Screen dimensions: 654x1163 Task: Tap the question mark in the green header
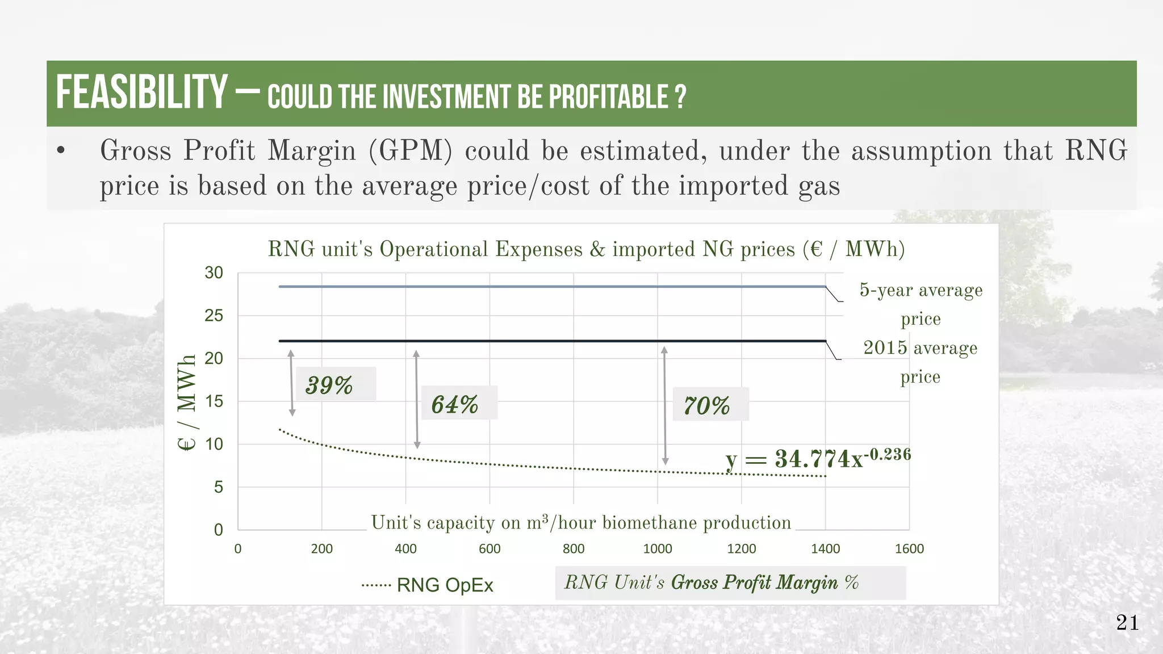coord(681,97)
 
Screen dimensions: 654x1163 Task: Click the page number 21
coord(1127,623)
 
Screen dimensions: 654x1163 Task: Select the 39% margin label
coord(329,385)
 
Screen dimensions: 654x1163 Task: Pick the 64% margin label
coord(455,404)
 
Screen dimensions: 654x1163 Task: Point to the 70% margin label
coord(706,405)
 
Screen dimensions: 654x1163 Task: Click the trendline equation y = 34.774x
coord(818,458)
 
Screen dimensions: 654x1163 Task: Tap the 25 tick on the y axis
coord(214,316)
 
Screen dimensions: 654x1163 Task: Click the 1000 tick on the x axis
coord(658,549)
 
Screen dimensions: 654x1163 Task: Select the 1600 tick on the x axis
coord(909,549)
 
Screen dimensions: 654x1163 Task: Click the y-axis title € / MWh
coord(187,403)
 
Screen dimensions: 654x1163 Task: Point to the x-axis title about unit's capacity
coord(581,522)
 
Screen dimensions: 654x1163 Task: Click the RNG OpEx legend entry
coord(428,585)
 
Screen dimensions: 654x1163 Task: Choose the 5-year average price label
coord(921,304)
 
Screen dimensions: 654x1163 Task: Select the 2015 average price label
coord(921,362)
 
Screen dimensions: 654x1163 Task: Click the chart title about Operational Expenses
coord(586,249)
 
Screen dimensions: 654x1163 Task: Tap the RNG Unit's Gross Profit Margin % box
coord(730,582)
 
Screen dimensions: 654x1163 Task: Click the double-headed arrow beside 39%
coord(291,383)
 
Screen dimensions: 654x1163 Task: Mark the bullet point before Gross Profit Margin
coord(61,152)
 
